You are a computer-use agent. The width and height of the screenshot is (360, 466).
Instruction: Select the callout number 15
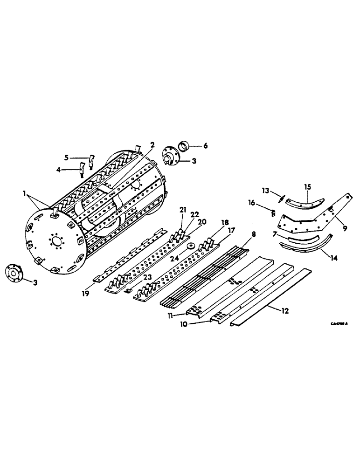(307, 186)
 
